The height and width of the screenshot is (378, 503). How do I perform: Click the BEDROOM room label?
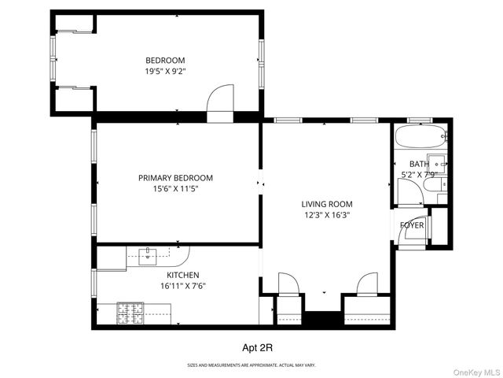coord(165,61)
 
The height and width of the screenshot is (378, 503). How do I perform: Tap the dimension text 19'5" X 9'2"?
coord(165,71)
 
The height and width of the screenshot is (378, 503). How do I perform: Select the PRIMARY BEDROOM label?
coord(175,178)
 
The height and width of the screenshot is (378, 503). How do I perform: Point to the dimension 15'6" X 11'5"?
coord(175,188)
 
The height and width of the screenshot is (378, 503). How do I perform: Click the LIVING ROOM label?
coord(328,203)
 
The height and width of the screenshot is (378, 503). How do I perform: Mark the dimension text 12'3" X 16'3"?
coord(328,213)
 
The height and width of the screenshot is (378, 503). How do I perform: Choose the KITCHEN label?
coord(182,275)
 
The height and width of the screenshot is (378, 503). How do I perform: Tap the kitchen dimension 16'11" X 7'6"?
coord(182,285)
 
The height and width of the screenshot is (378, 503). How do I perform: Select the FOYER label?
coord(412,226)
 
